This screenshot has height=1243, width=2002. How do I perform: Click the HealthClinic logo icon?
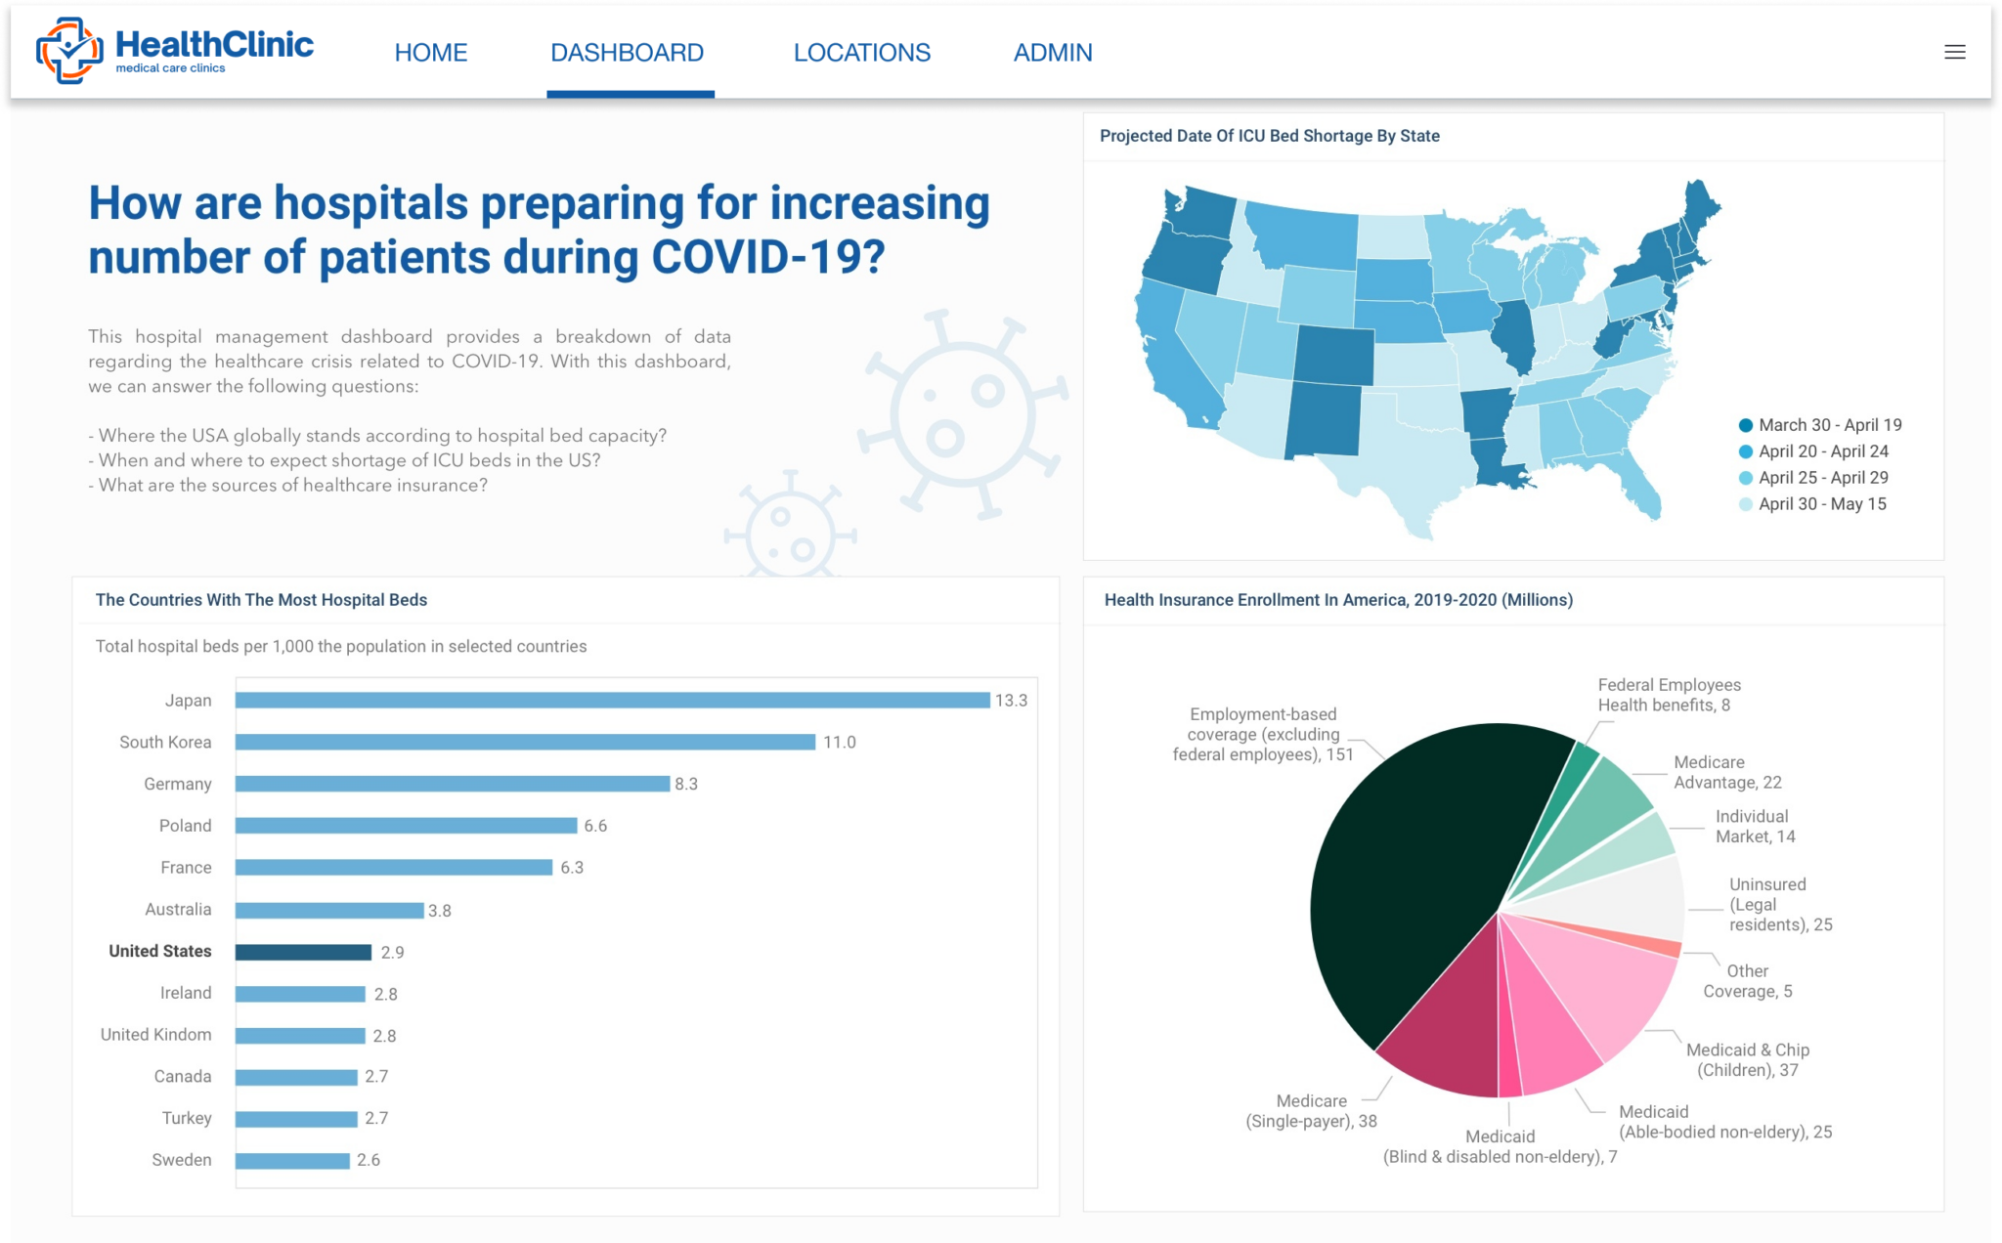click(68, 51)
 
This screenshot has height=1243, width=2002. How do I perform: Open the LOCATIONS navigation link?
click(861, 53)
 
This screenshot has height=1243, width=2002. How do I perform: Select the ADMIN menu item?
click(1052, 53)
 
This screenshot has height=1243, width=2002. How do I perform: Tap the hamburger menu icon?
click(1954, 53)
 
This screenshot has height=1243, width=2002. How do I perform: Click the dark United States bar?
click(303, 952)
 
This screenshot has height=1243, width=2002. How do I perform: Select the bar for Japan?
click(612, 701)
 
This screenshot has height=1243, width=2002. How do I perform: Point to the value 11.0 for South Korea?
click(839, 743)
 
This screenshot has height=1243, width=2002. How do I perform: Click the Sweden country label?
click(182, 1160)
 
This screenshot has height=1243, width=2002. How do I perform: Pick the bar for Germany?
click(452, 784)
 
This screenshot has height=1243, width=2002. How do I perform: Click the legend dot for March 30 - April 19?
click(1745, 425)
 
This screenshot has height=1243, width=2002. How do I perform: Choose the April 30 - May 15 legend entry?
click(1822, 504)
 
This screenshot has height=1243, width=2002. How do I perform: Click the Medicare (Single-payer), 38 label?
click(1311, 1111)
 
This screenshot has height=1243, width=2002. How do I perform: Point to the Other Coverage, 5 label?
click(1747, 981)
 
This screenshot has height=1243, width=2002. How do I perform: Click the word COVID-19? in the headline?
click(767, 258)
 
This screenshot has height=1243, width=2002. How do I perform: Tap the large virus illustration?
click(963, 415)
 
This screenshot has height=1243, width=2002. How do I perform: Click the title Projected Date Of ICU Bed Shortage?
click(1269, 136)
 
